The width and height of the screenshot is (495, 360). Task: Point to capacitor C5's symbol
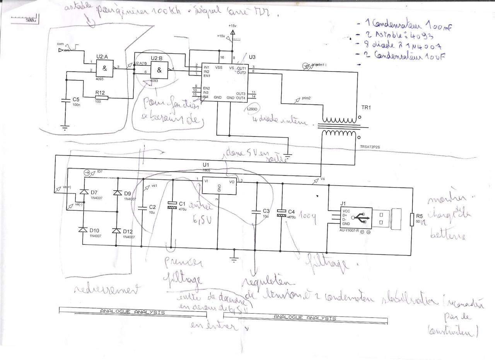(x=65, y=100)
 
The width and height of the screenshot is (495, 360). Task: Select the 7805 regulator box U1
(x=219, y=186)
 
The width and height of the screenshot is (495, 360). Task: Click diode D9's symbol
(x=116, y=192)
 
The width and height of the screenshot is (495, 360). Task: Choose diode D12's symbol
(x=116, y=231)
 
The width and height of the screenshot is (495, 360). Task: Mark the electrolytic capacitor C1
(x=171, y=207)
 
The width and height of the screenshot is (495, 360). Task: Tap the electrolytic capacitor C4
(x=282, y=213)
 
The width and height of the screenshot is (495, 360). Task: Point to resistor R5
(x=411, y=219)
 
